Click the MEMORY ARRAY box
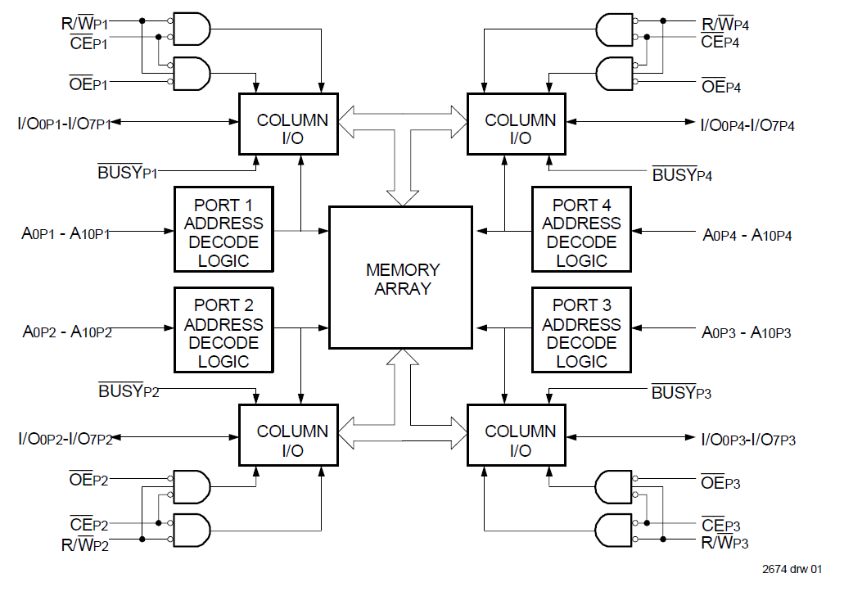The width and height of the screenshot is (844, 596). tap(400, 279)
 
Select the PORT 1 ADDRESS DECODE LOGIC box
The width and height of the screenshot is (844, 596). tap(223, 233)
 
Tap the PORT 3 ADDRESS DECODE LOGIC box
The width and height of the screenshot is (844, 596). tap(581, 333)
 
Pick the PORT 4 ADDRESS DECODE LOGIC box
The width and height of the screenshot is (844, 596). tap(581, 233)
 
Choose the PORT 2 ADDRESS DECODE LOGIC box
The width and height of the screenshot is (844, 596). tap(223, 333)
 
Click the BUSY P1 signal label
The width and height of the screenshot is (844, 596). tap(127, 173)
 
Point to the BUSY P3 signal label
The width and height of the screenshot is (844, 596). tap(681, 392)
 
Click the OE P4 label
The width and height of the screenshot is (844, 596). tap(720, 86)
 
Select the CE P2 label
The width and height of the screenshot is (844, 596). tap(88, 525)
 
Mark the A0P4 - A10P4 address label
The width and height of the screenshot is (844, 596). tap(747, 236)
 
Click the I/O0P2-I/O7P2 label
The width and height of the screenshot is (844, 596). tap(65, 438)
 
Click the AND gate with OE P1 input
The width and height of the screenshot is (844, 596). tap(190, 73)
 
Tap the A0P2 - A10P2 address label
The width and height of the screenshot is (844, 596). tap(67, 332)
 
